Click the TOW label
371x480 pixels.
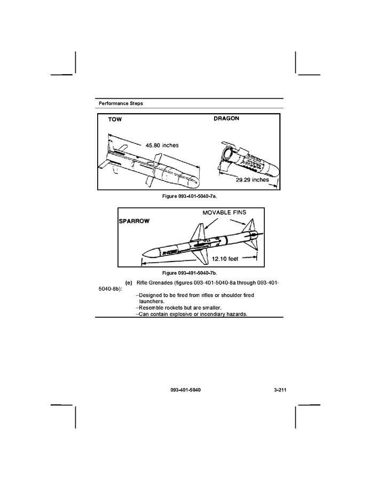pos(115,120)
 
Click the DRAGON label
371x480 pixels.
pos(226,118)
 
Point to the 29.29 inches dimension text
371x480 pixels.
pos(253,180)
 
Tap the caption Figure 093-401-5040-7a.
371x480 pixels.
pos(190,196)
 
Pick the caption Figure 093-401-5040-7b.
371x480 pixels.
pos(190,273)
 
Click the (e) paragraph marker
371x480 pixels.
pos(128,281)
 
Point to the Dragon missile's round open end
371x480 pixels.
pos(228,155)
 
